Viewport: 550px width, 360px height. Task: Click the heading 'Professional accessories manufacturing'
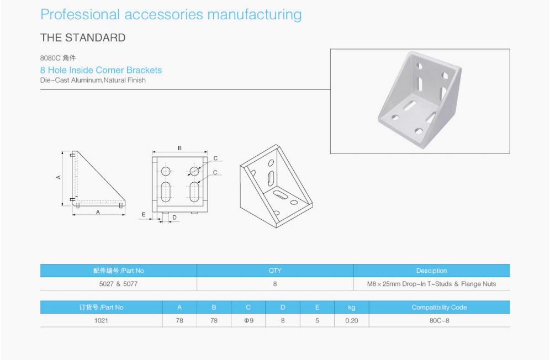click(x=171, y=15)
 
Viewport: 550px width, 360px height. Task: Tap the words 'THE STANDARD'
click(x=83, y=38)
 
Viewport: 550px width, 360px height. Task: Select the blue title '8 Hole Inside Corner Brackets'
click(x=101, y=70)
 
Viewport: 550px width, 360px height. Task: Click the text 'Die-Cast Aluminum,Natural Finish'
click(x=93, y=80)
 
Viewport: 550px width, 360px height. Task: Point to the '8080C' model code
click(x=50, y=58)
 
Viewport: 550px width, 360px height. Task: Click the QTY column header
click(x=275, y=271)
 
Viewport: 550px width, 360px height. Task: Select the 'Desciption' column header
click(x=431, y=271)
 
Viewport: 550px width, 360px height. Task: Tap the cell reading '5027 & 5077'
click(x=118, y=284)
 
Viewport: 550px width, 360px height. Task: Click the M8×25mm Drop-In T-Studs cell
click(x=431, y=284)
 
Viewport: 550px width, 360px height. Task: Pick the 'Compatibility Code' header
click(x=439, y=308)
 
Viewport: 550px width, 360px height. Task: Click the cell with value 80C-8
click(x=439, y=320)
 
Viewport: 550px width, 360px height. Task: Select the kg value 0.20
click(x=351, y=320)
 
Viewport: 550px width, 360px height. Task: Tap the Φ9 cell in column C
click(x=248, y=320)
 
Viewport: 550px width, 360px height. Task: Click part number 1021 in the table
click(x=101, y=320)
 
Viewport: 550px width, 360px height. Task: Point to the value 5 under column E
click(x=317, y=320)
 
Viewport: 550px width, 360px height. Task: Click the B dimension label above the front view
click(x=179, y=148)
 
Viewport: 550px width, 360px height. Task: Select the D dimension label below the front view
click(x=174, y=218)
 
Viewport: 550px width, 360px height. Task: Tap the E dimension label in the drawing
click(x=144, y=214)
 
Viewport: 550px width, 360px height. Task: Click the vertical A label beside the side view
click(x=59, y=177)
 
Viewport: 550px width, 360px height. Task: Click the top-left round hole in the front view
click(x=166, y=171)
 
